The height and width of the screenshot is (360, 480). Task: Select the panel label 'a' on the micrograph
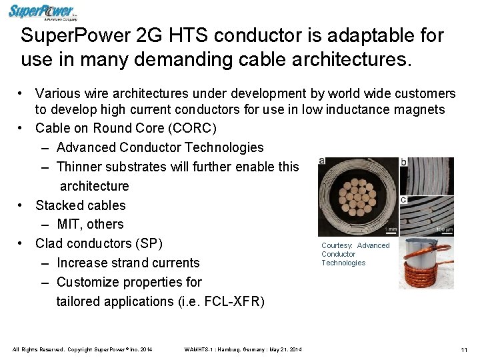coord(323,161)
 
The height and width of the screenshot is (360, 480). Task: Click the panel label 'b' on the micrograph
coord(404,161)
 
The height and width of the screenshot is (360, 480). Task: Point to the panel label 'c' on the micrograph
coord(404,199)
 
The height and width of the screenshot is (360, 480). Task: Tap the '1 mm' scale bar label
coord(391,229)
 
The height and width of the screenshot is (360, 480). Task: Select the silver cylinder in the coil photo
coord(417,253)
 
